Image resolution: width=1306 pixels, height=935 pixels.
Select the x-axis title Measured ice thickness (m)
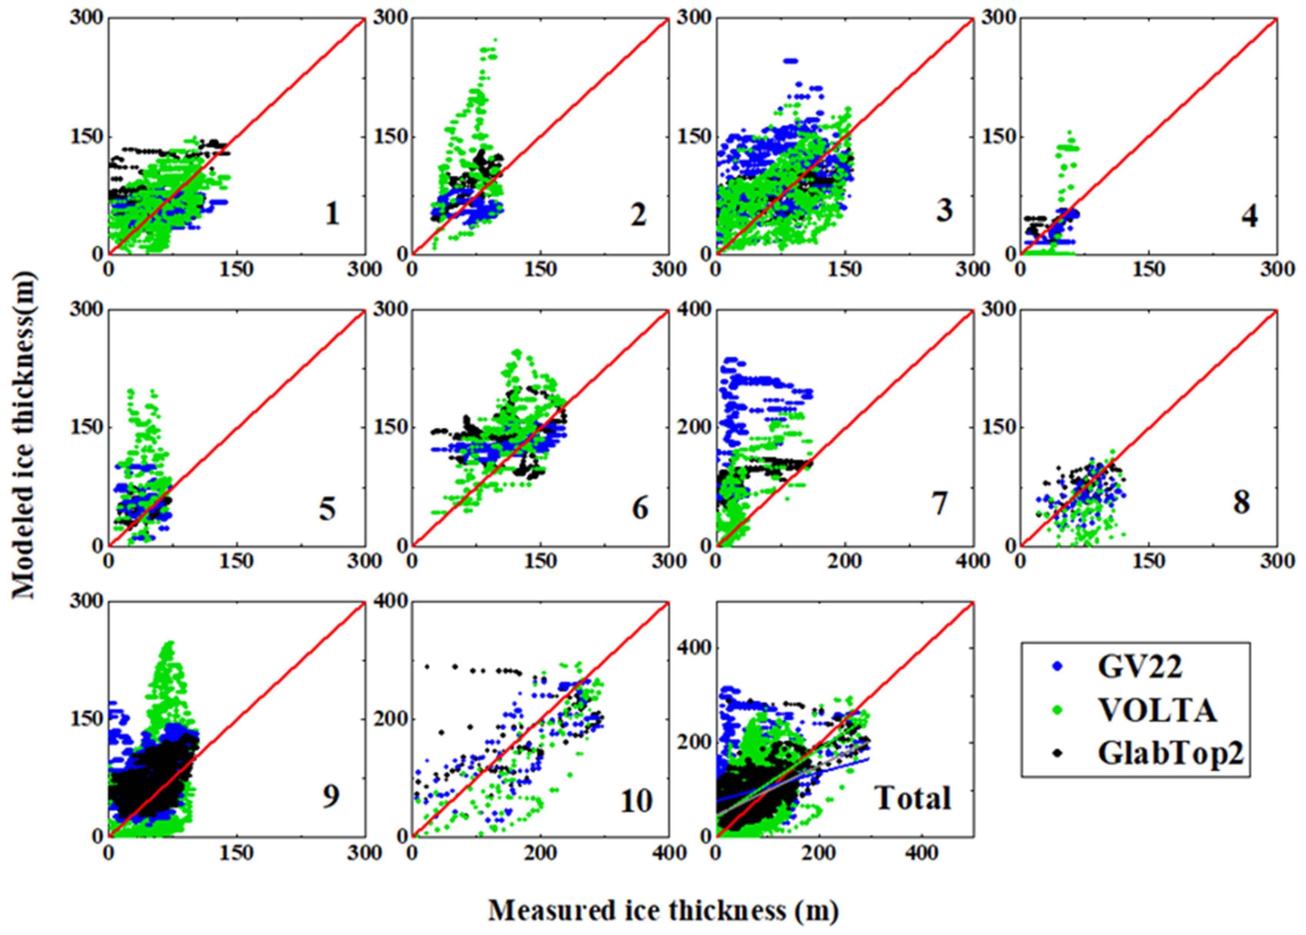[x=663, y=910]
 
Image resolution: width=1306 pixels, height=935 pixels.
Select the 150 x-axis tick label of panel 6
[x=540, y=560]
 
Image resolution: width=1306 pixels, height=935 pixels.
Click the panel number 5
[x=327, y=509]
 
